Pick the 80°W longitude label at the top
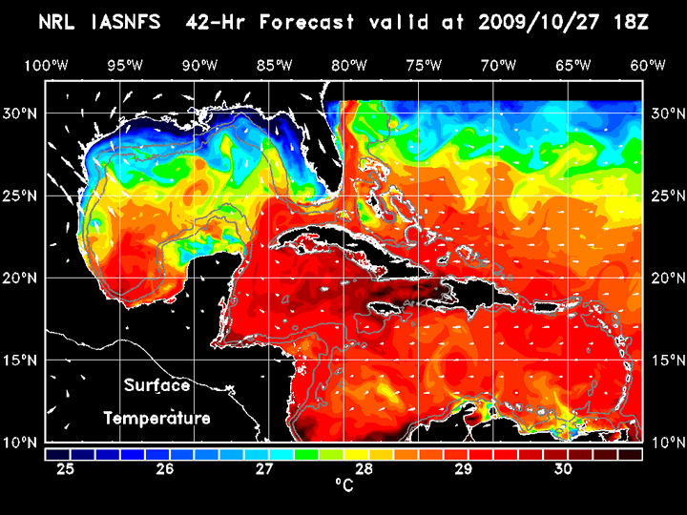(x=351, y=65)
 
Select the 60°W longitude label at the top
(x=648, y=65)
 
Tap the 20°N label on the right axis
(x=664, y=278)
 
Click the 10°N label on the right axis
(x=664, y=443)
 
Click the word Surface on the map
(x=157, y=385)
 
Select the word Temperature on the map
(x=157, y=418)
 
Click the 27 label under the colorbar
(x=265, y=469)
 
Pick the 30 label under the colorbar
(x=563, y=469)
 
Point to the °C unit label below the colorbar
(x=343, y=484)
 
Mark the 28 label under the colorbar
(x=364, y=469)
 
